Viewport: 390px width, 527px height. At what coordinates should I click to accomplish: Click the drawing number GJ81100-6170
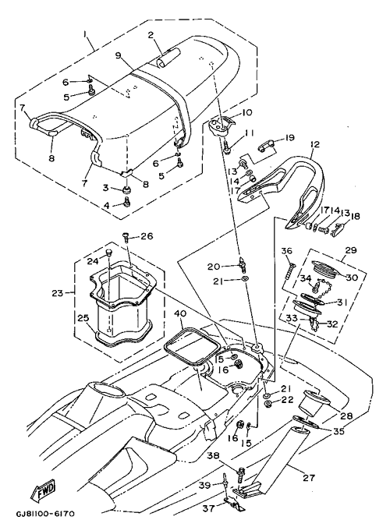tap(45, 515)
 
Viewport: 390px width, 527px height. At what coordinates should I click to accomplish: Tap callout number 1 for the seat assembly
tap(86, 34)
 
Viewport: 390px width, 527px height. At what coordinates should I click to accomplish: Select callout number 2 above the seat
tap(151, 34)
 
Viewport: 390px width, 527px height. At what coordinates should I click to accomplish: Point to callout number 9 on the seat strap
tap(118, 55)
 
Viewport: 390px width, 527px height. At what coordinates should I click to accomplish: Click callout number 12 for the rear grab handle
tap(315, 144)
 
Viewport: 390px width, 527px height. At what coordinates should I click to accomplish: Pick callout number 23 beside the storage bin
tap(57, 293)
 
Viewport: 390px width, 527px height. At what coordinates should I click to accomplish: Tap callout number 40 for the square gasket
tap(180, 313)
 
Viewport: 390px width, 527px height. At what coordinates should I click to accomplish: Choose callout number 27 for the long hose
tap(309, 477)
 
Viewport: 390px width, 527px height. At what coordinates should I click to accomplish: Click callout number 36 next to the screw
tap(287, 251)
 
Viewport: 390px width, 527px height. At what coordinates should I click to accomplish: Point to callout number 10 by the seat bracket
tap(246, 112)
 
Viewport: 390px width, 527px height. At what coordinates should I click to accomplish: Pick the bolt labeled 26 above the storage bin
tap(126, 238)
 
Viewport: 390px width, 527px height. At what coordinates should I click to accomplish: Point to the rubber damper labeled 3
tap(126, 190)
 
